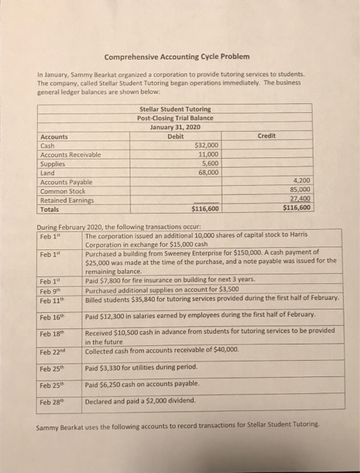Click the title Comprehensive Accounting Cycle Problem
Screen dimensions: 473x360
tap(177, 54)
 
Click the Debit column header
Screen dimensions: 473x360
tap(175, 136)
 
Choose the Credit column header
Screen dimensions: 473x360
tap(267, 136)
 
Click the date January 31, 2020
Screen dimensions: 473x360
tap(175, 126)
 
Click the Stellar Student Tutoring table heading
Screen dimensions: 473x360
tap(175, 109)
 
